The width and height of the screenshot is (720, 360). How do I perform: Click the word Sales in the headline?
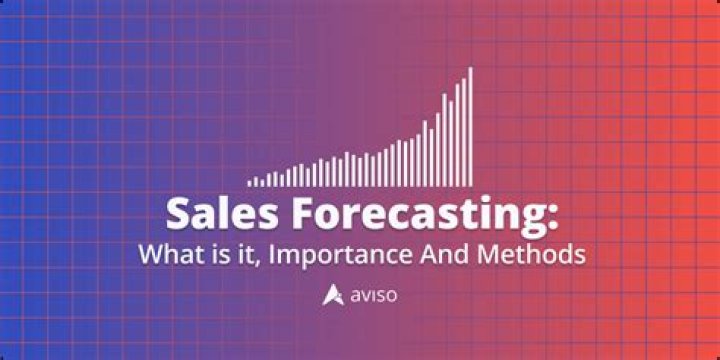[x=210, y=214]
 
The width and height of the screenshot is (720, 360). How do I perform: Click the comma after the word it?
[x=241, y=262]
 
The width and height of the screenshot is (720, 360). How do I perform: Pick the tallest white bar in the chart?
[x=470, y=126]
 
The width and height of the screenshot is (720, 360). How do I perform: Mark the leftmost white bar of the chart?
[x=251, y=183]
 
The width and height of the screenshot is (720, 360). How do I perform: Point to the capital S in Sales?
[x=177, y=214]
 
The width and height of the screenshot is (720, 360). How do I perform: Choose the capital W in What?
[x=149, y=254]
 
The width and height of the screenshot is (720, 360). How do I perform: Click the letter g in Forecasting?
[x=535, y=218]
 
